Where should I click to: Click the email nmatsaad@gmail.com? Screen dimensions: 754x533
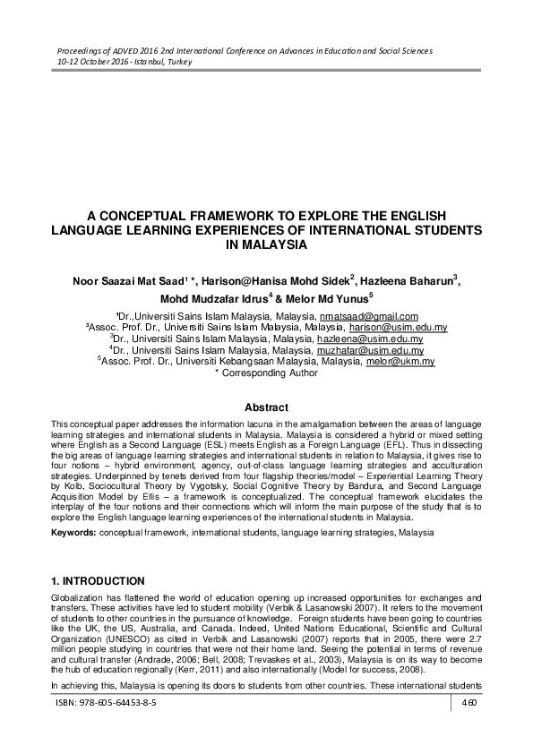pyautogui.click(x=369, y=317)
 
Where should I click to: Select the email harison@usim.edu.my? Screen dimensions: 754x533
pyautogui.click(x=396, y=328)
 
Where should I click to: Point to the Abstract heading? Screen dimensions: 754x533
pyautogui.click(x=266, y=406)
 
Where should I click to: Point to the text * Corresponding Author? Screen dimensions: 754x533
pyautogui.click(x=266, y=373)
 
